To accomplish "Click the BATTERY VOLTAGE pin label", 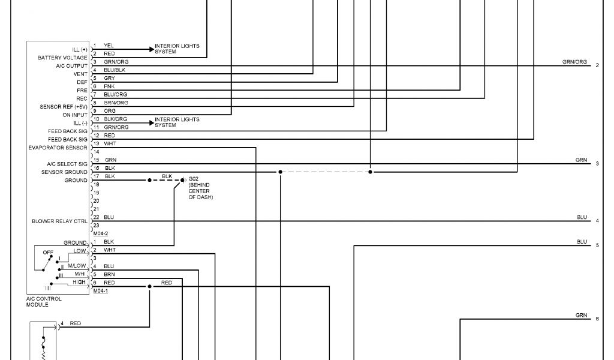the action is coord(62,58).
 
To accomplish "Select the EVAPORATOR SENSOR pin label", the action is coord(58,147).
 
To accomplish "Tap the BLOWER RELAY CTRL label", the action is coord(59,221).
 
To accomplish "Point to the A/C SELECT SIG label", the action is coord(67,164).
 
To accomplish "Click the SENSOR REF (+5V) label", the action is coord(64,107).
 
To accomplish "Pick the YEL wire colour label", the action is coord(109,45).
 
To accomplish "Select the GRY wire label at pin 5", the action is coord(109,78).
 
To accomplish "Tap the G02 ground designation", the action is coord(193,179).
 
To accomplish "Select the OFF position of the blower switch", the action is coord(48,252).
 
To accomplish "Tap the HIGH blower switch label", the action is coord(80,282).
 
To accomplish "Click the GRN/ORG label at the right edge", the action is coord(574,62).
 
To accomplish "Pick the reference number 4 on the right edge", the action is coord(597,221).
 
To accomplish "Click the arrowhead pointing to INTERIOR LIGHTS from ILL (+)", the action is coord(151,49).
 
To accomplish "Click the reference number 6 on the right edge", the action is coord(597,319).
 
